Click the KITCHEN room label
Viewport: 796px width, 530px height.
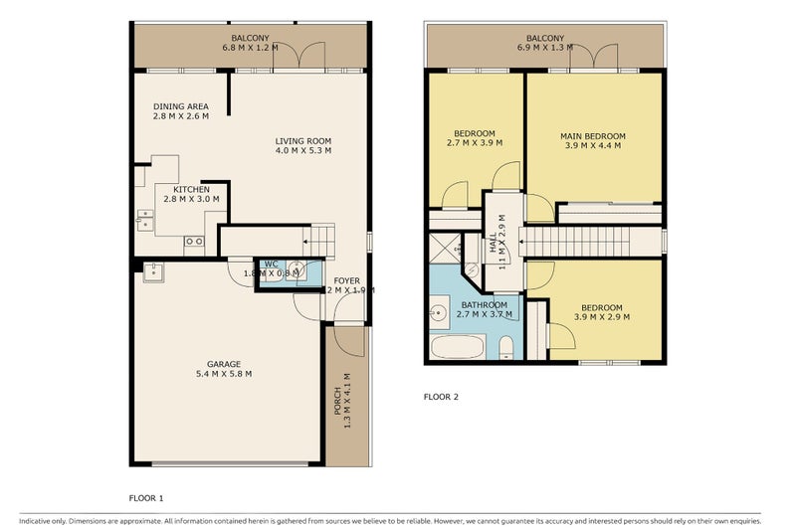pos(190,189)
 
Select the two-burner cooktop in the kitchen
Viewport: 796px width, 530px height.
pos(195,240)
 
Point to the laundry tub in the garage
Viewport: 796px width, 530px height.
pos(154,271)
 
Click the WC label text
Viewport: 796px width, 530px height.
pos(270,264)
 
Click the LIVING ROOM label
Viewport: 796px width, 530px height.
pos(303,141)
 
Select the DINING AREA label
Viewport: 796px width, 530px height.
pos(180,107)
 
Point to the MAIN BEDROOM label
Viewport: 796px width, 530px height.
pos(593,136)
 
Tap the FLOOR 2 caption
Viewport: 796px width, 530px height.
pos(441,397)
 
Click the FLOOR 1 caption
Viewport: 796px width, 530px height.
pos(146,496)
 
